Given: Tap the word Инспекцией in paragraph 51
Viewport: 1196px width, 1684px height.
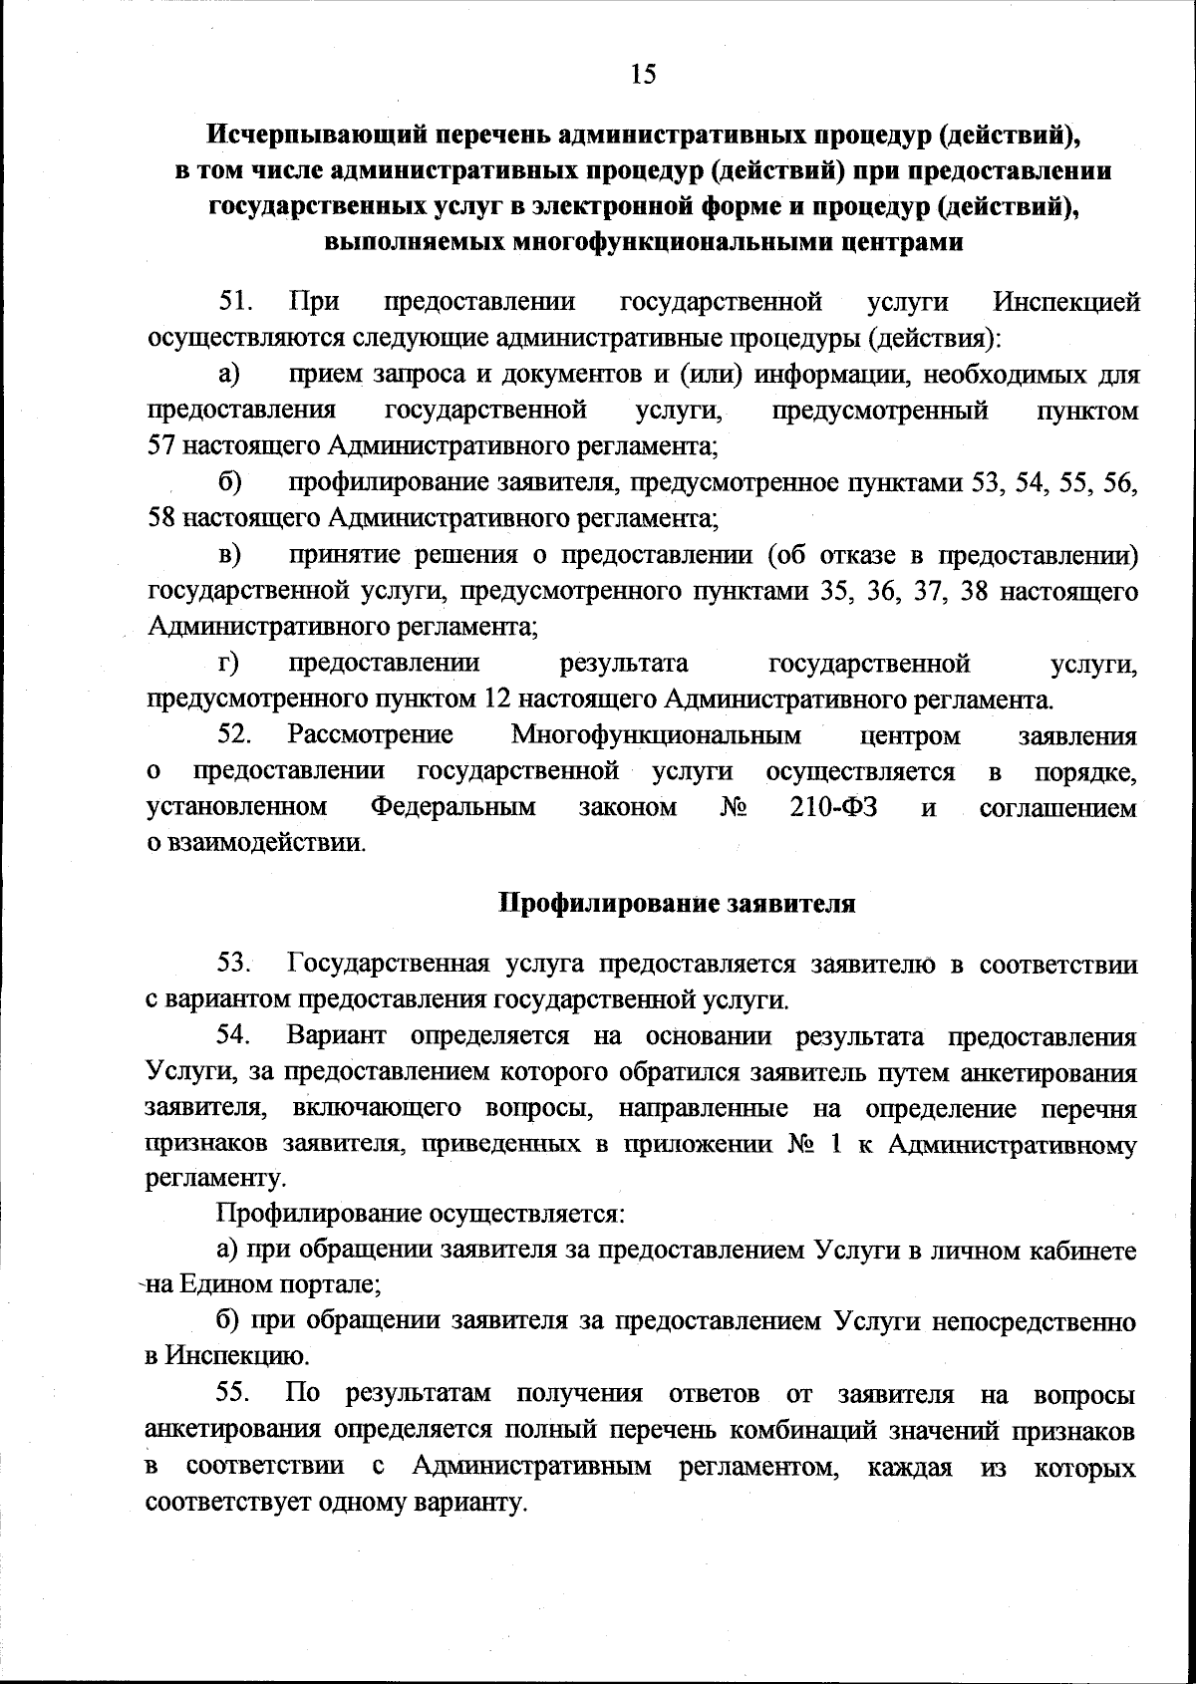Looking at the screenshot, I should pyautogui.click(x=1066, y=302).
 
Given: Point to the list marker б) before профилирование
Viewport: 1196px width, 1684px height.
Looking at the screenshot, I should pyautogui.click(x=231, y=483).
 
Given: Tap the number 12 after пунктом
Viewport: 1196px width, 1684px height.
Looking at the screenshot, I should pyautogui.click(x=496, y=699).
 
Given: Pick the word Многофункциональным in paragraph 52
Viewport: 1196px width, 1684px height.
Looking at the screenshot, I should pyautogui.click(x=656, y=736).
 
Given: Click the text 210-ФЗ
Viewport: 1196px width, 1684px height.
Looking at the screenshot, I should pyautogui.click(x=833, y=807).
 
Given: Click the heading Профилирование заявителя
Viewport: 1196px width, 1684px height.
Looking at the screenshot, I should pyautogui.click(x=677, y=904).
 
